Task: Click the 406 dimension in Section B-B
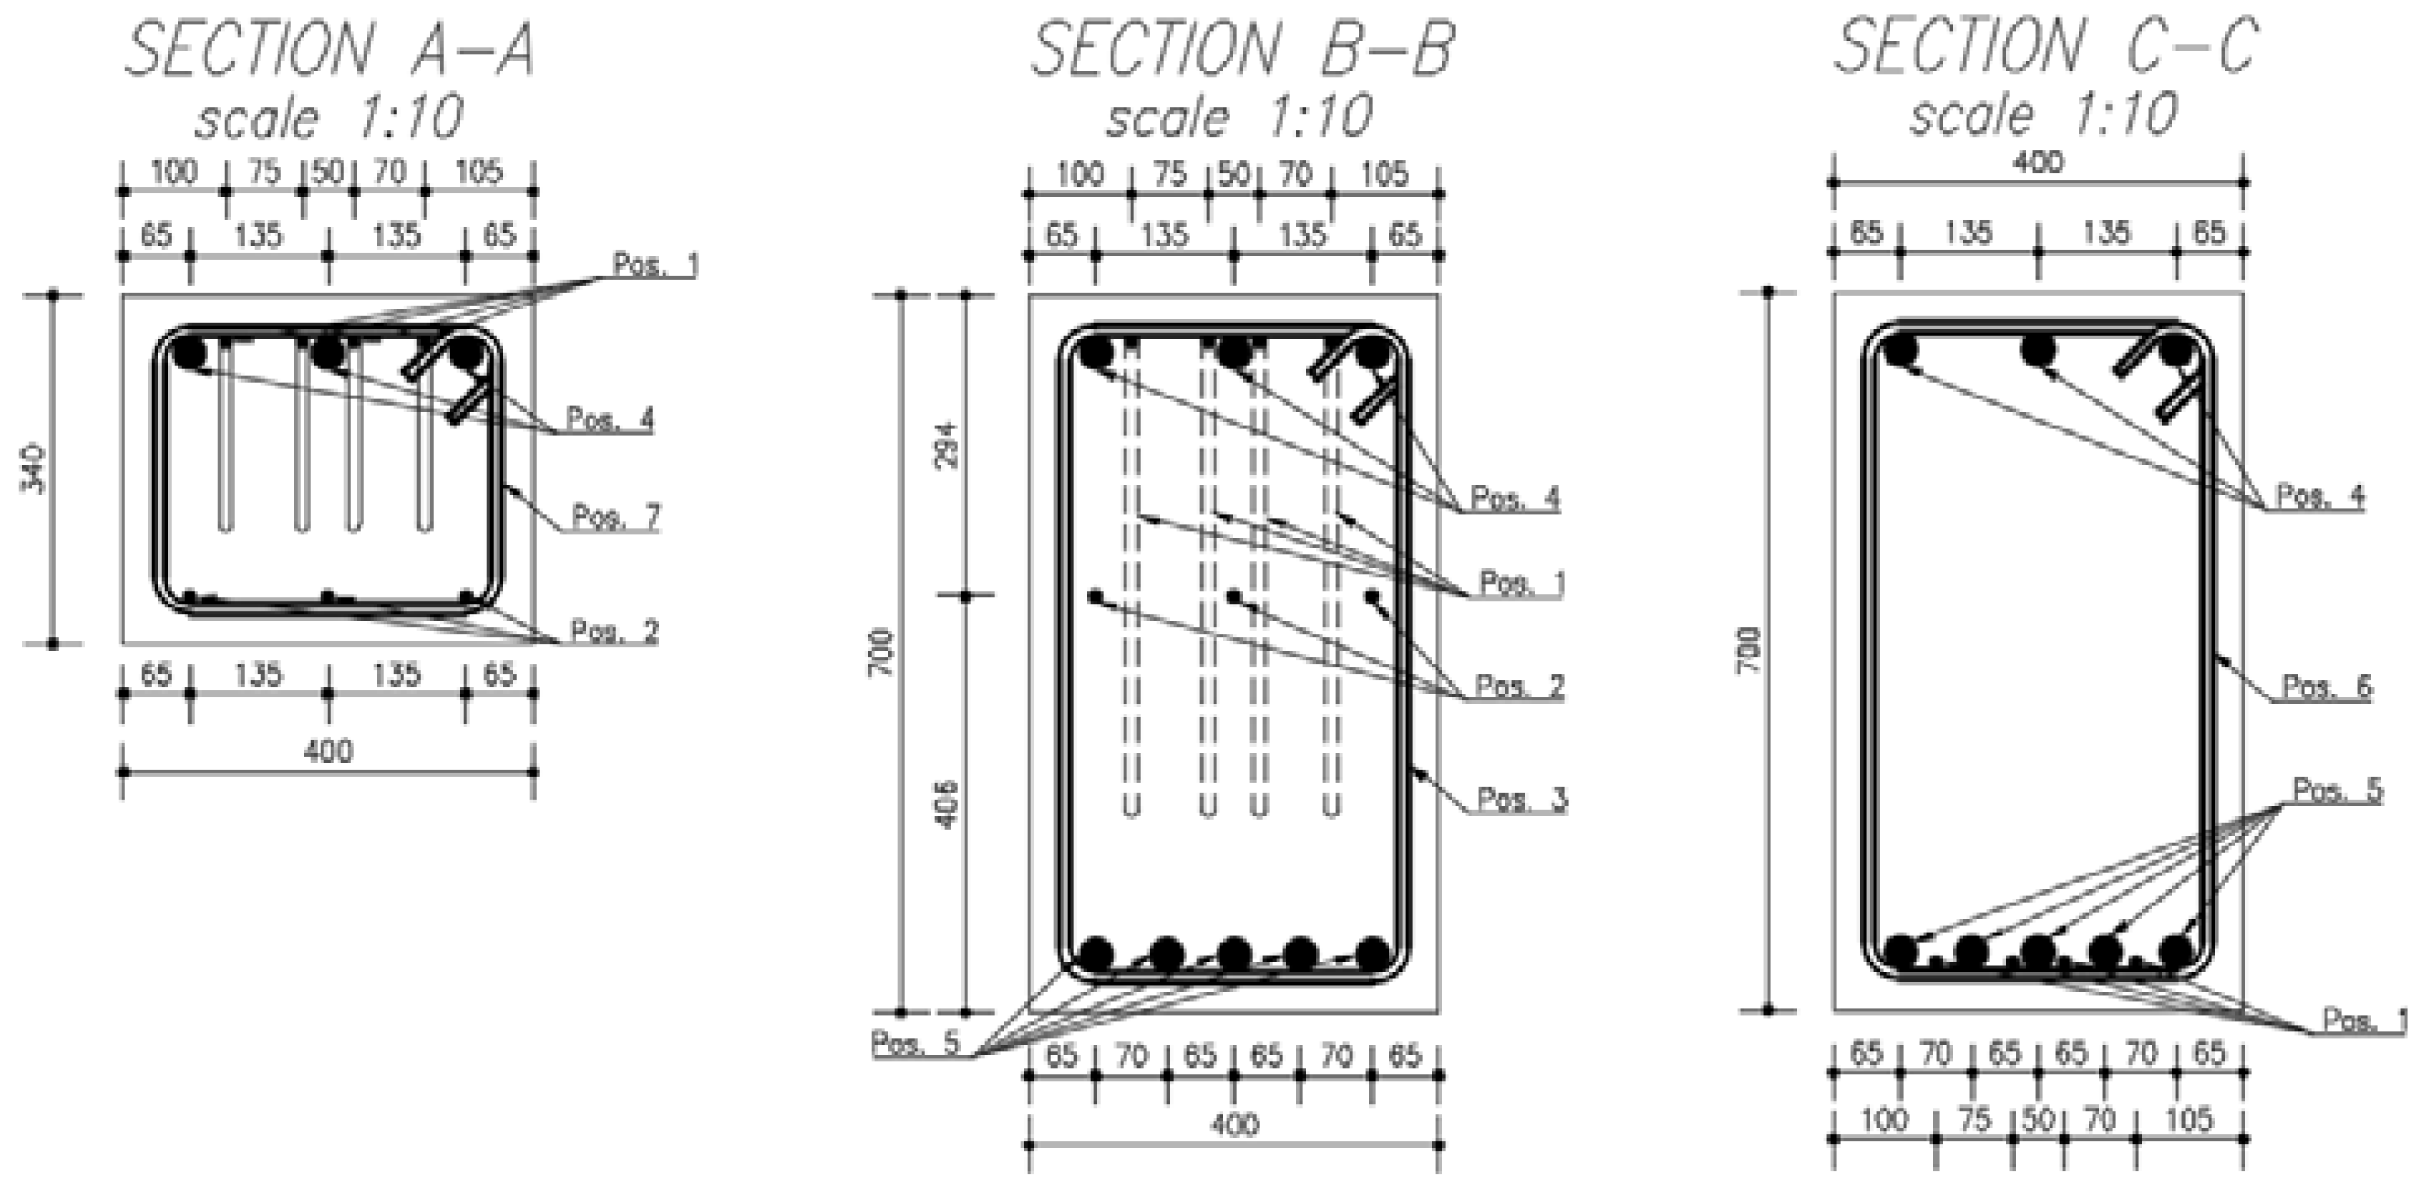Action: pos(950,802)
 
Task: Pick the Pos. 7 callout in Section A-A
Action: pos(616,516)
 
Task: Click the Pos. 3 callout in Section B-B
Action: pos(1520,799)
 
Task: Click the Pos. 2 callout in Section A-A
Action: pos(615,631)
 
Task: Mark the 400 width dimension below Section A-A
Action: pos(328,751)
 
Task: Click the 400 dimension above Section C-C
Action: pos(2037,162)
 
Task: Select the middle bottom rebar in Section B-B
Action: pos(1234,953)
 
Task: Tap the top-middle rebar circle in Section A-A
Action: pos(327,354)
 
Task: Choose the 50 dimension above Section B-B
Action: pos(1233,174)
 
